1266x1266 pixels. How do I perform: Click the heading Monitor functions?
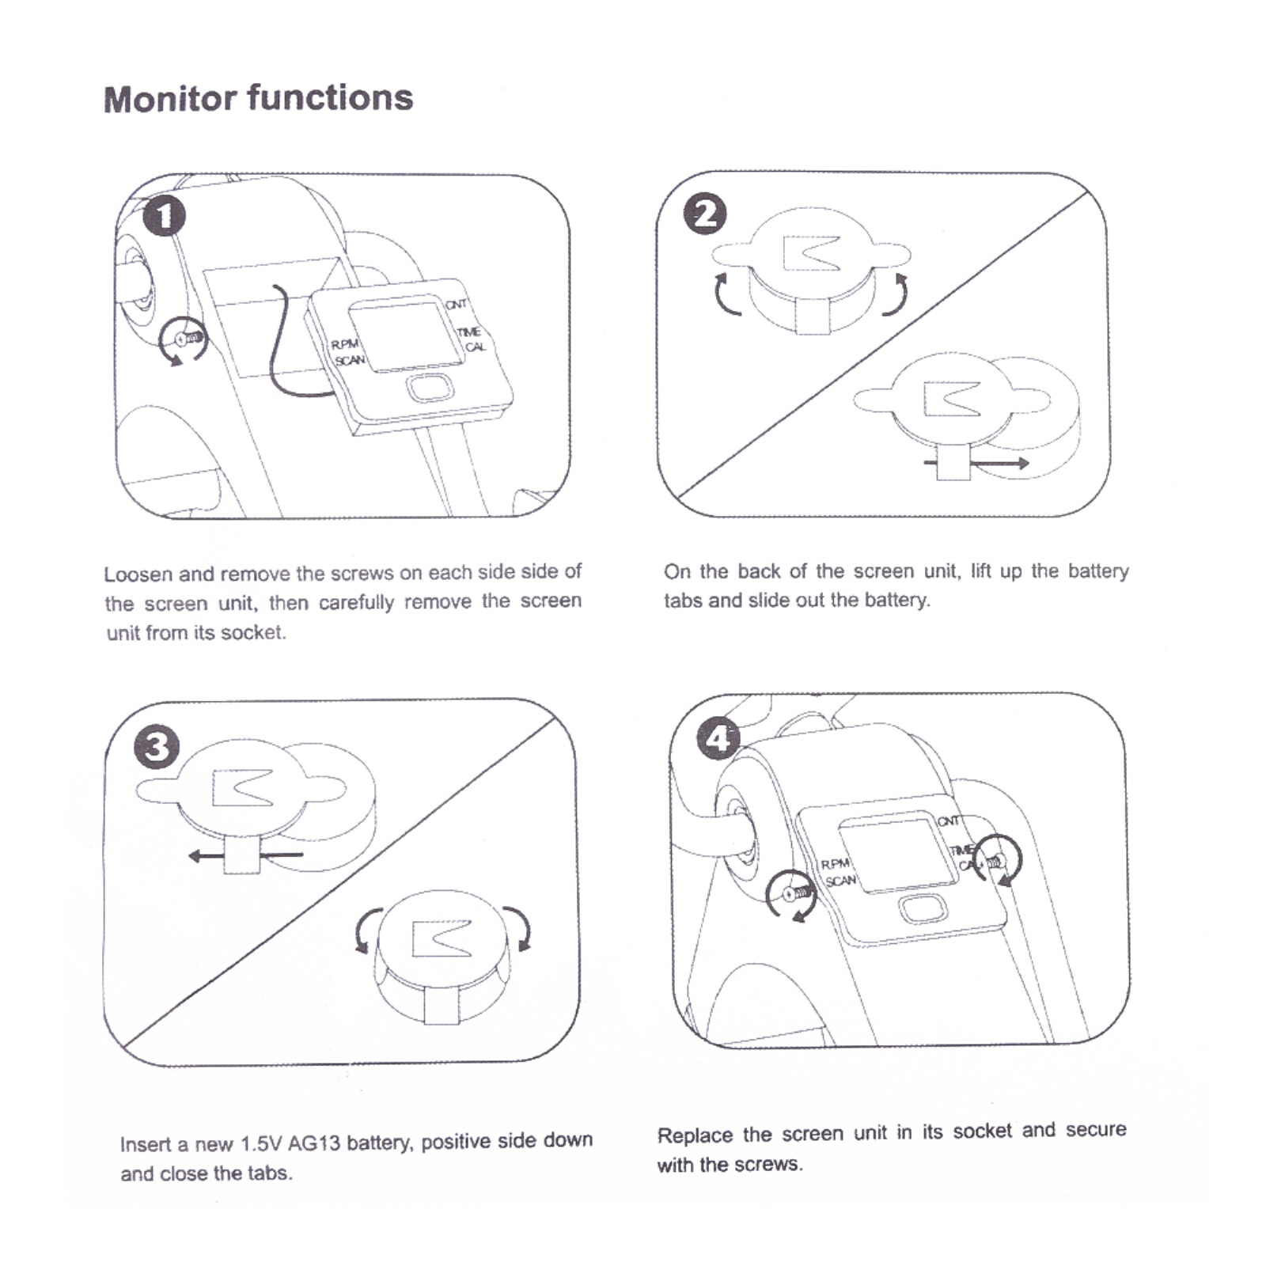[x=258, y=99]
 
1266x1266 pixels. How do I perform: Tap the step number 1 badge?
[x=165, y=216]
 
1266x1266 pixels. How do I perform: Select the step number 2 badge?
[x=704, y=214]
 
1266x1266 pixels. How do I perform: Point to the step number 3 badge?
[x=157, y=748]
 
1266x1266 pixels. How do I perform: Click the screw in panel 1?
[x=188, y=339]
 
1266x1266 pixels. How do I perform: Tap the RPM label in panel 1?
[x=345, y=345]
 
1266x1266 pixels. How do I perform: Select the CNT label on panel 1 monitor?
[x=456, y=305]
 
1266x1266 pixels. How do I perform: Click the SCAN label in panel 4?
[x=840, y=881]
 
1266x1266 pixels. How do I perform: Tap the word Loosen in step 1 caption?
[x=137, y=574]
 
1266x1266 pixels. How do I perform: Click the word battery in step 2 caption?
[x=1097, y=571]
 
